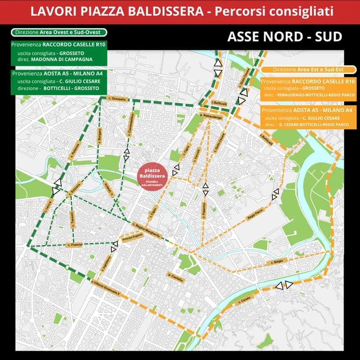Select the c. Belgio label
tap(277, 262)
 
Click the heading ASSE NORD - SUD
tap(285, 36)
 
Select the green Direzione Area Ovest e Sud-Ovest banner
tap(59, 32)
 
